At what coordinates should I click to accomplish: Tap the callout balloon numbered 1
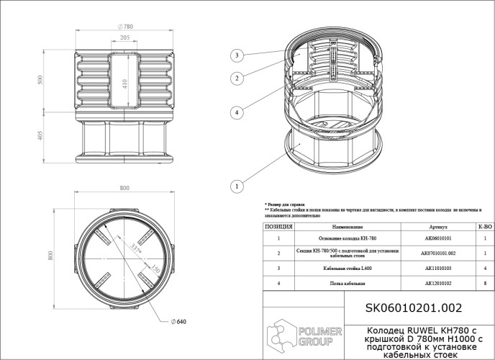click(x=235, y=186)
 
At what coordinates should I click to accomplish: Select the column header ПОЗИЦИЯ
click(x=278, y=226)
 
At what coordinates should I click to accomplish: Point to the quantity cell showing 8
click(x=486, y=284)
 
